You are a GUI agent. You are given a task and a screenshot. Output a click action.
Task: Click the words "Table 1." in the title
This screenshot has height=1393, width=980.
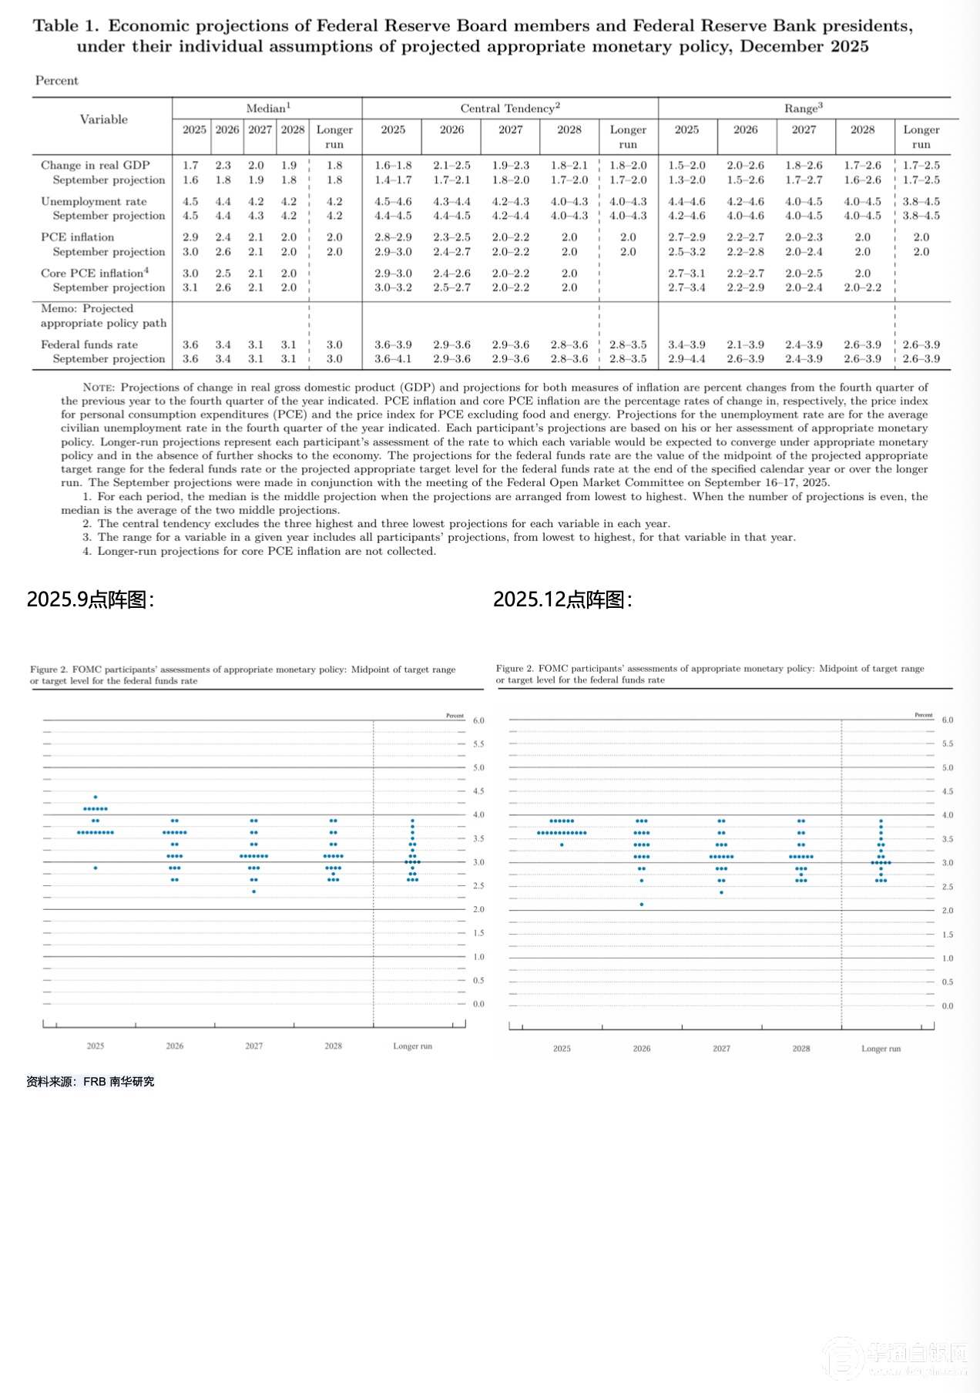[66, 26]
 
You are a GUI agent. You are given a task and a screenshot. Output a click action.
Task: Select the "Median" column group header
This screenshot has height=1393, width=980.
[267, 109]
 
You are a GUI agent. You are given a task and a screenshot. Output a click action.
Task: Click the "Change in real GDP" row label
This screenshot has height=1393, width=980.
[96, 166]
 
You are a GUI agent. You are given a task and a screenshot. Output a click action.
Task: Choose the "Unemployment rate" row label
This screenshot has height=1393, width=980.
[94, 202]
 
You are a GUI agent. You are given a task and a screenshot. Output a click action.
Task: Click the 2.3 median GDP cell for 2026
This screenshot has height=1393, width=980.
[223, 166]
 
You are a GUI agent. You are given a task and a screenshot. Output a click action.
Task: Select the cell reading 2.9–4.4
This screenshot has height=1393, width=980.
[686, 359]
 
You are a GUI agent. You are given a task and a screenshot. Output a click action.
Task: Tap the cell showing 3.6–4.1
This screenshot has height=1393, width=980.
[393, 359]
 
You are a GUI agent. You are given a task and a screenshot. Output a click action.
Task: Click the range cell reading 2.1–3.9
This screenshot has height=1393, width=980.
[745, 345]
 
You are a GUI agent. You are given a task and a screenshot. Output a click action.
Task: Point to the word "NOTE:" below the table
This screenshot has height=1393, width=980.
[99, 388]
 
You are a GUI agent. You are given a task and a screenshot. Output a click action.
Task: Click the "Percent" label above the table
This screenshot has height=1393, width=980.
[57, 81]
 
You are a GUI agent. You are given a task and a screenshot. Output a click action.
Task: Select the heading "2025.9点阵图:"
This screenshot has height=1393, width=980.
[90, 599]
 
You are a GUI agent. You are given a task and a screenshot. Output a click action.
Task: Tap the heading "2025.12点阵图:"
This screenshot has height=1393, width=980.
[562, 599]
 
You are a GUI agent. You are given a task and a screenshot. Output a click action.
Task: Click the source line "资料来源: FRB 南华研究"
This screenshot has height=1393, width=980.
[90, 1082]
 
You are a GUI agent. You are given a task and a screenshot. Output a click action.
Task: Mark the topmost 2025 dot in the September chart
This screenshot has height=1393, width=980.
[96, 797]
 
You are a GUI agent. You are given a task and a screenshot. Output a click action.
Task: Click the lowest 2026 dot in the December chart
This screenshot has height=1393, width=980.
[642, 905]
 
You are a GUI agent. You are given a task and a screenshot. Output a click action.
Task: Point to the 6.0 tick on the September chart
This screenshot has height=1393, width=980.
[478, 720]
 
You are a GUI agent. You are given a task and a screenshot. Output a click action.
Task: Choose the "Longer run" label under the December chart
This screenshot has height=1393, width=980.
[881, 1049]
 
